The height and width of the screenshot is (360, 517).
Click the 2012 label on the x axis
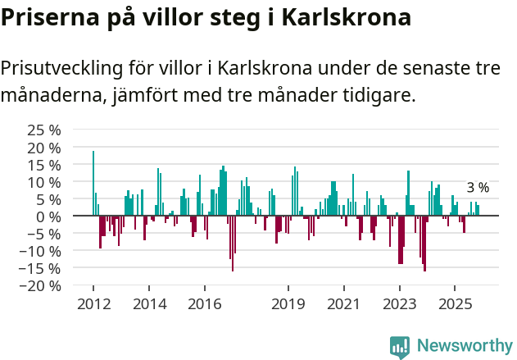tap(93, 304)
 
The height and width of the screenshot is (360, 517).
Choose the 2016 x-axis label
tap(205, 304)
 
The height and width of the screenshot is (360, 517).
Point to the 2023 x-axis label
tap(400, 304)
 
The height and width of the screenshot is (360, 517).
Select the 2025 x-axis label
tap(456, 304)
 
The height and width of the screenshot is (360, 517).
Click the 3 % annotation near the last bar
tap(478, 188)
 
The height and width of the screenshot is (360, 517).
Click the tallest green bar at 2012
tap(93, 183)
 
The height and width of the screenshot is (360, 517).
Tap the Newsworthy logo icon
tap(400, 347)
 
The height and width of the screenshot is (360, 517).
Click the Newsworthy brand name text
tap(465, 346)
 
